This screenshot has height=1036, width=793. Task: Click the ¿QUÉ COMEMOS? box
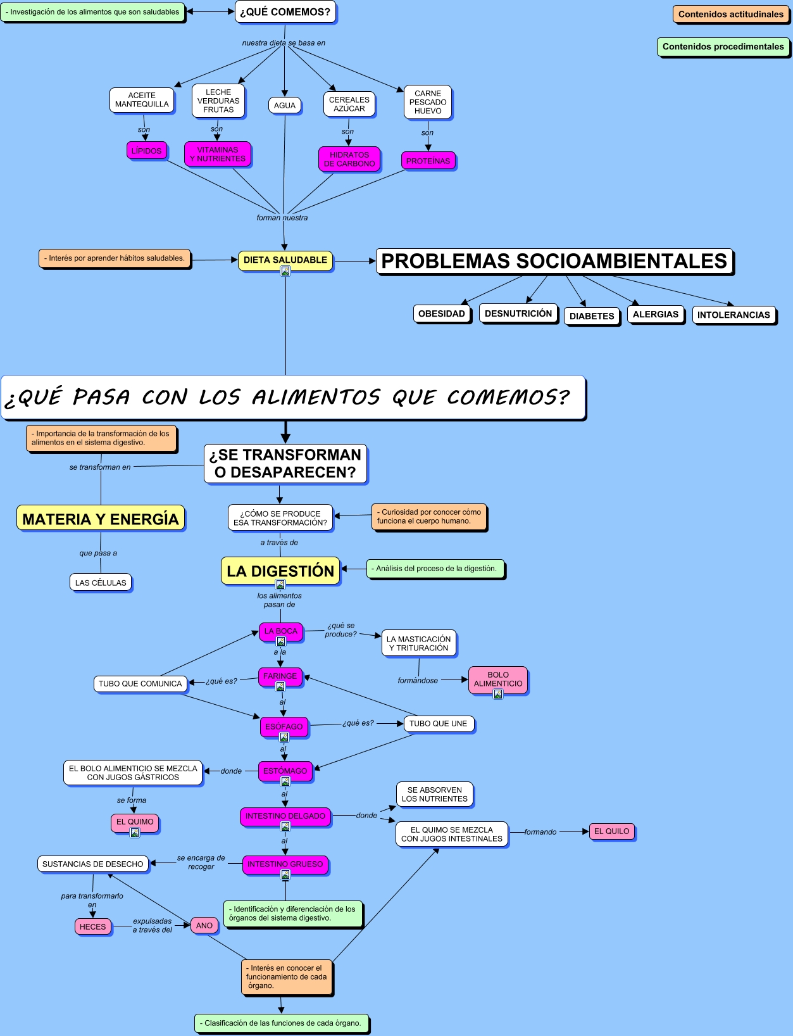click(x=285, y=12)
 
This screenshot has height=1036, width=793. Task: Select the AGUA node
click(x=285, y=105)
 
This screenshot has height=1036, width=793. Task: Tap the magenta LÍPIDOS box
click(x=147, y=151)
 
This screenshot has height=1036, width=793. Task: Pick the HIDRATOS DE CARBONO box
click(x=349, y=159)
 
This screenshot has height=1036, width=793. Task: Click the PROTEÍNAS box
click(x=428, y=161)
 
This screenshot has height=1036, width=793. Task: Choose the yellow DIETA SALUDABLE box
click(x=285, y=260)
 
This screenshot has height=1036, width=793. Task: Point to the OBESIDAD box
click(x=442, y=313)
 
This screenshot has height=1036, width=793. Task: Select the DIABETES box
click(x=592, y=316)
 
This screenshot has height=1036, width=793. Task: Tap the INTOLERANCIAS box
click(x=734, y=315)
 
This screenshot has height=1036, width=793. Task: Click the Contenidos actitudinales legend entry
click(x=731, y=14)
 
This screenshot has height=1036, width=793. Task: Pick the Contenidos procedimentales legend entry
click(x=723, y=46)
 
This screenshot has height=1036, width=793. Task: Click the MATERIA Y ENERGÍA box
click(x=101, y=519)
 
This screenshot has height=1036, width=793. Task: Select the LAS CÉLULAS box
click(x=101, y=583)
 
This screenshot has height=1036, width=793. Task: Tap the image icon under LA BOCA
click(x=281, y=641)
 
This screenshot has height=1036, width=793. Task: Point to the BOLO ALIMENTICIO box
click(x=498, y=679)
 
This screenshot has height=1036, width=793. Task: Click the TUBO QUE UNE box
click(x=438, y=723)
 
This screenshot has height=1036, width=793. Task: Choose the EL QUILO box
click(x=611, y=831)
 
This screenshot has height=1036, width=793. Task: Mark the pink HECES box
click(x=93, y=926)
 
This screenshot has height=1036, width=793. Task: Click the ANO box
click(x=204, y=925)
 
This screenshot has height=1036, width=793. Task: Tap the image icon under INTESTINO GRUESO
click(x=285, y=875)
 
